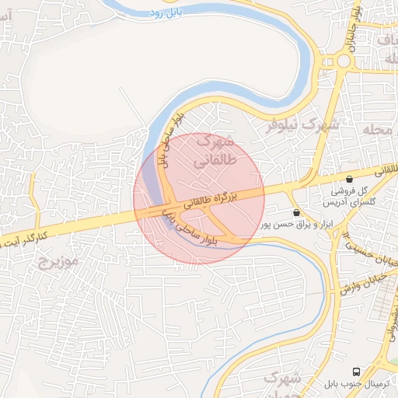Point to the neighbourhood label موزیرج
tap(59, 261)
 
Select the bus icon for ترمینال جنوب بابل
tap(356, 371)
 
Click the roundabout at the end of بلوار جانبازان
tap(343, 61)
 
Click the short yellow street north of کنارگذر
tap(33, 198)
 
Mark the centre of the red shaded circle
tap(199, 199)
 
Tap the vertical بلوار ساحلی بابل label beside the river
tap(169, 139)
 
